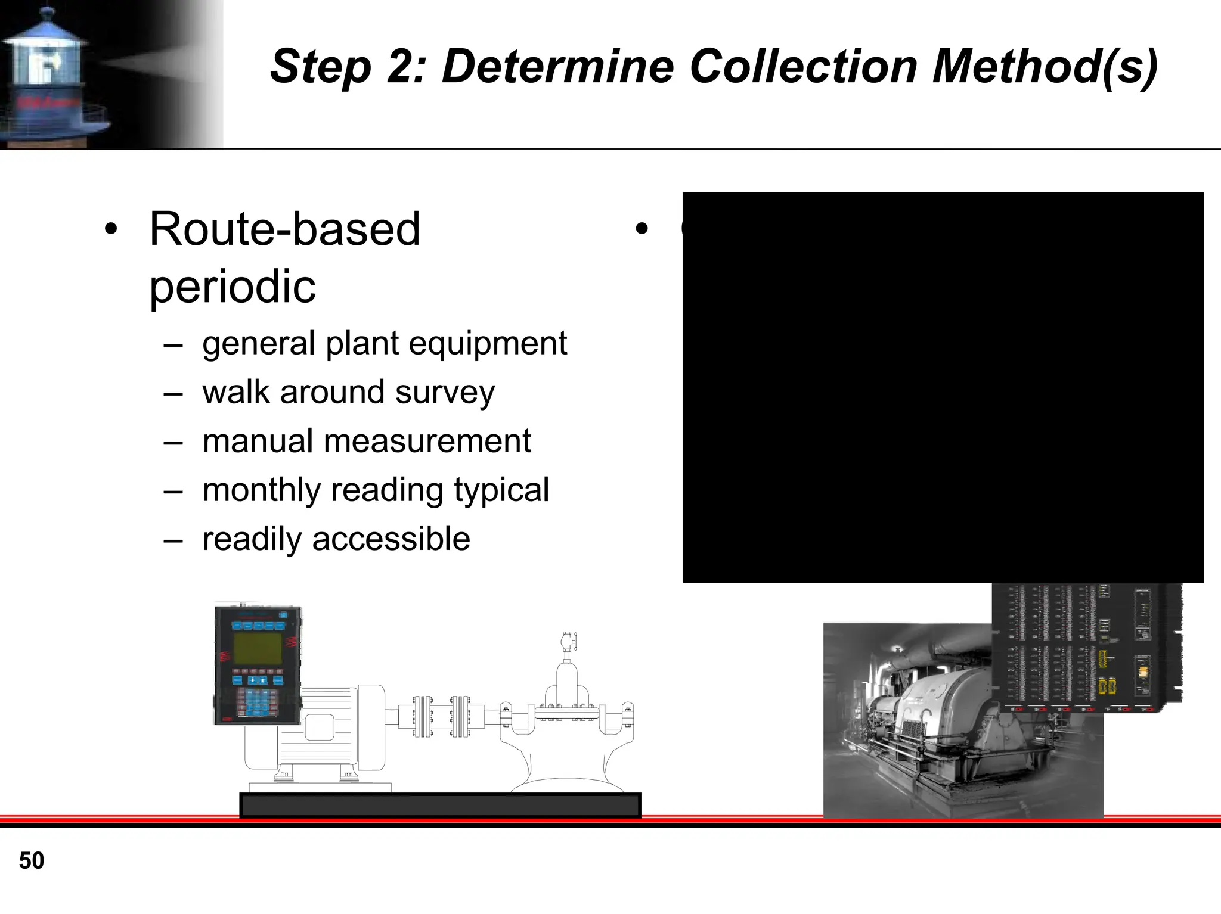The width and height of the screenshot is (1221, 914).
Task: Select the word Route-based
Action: (x=284, y=229)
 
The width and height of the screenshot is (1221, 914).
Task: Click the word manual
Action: (x=257, y=442)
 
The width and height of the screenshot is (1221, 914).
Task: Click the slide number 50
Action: (x=32, y=860)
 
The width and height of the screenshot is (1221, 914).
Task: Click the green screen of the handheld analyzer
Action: (x=258, y=648)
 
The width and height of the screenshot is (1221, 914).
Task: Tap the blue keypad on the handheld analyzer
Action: (x=258, y=702)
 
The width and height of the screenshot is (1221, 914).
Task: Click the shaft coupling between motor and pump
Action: (x=441, y=716)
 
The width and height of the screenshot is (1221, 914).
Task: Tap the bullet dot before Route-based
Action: (x=111, y=229)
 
